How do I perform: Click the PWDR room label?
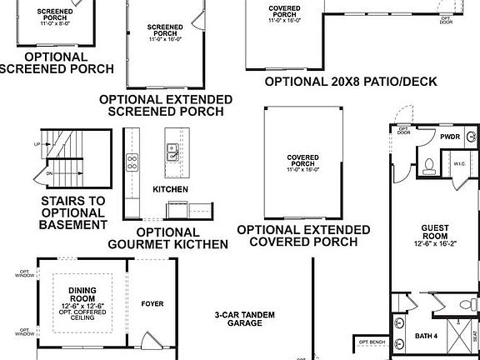450,137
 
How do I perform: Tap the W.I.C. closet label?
457,165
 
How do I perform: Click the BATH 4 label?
426,337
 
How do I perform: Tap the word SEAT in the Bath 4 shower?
475,333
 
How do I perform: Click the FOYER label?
152,303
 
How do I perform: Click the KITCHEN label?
170,190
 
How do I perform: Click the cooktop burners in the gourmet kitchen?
132,160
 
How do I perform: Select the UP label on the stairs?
37,144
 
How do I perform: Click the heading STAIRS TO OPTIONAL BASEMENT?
73,212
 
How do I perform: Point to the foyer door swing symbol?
150,342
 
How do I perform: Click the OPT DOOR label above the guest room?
404,131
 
